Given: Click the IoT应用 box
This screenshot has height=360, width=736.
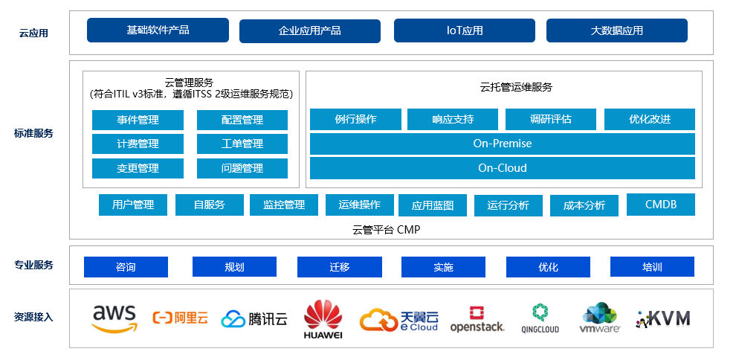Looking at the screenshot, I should (x=464, y=30).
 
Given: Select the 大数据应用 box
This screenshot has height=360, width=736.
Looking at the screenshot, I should (x=616, y=30).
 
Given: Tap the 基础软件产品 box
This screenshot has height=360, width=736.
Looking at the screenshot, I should (x=158, y=30).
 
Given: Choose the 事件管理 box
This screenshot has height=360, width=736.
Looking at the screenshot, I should (x=138, y=120).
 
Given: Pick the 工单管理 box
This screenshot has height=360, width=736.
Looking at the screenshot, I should (x=242, y=144).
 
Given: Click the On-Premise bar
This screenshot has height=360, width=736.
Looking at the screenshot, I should (x=502, y=144).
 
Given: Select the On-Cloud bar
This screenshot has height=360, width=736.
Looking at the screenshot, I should (x=502, y=168).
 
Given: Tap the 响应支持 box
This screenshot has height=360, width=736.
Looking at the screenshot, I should (x=452, y=119).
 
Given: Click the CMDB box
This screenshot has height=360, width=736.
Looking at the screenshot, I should (x=660, y=204).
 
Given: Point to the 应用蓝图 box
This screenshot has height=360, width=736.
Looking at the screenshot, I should (x=432, y=205).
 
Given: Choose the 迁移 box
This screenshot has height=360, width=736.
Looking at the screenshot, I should (x=339, y=267).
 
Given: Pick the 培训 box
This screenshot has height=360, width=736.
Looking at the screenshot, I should (x=652, y=267).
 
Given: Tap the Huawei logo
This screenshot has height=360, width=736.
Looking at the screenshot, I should (x=323, y=318).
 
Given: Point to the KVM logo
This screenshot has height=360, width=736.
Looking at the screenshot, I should (x=663, y=318).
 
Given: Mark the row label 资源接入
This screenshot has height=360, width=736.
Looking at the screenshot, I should (x=33, y=317).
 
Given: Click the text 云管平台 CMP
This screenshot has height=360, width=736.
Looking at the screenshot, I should (x=386, y=229).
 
